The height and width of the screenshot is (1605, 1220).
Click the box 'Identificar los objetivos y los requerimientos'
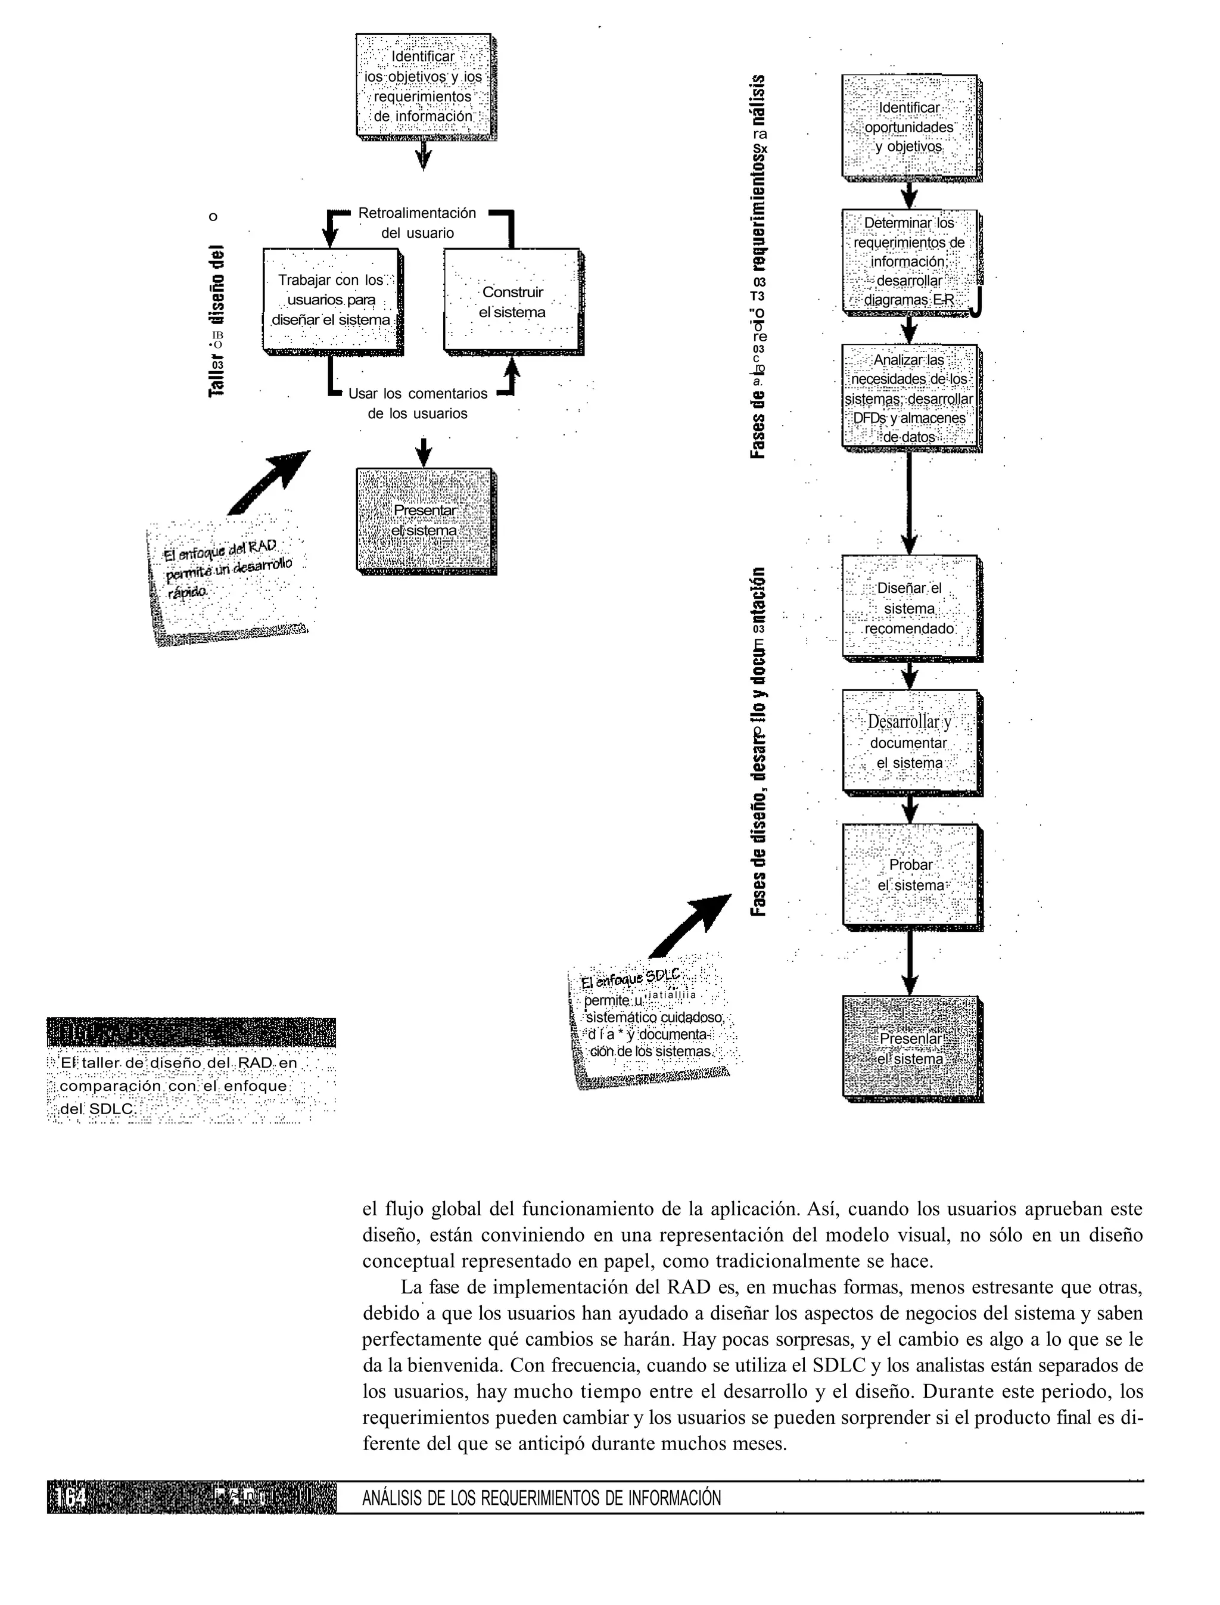coord(424,85)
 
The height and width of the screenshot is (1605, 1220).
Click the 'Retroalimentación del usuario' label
coord(418,223)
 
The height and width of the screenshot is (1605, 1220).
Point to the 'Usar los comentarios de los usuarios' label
coord(418,404)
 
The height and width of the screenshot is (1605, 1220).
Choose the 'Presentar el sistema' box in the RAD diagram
coord(425,520)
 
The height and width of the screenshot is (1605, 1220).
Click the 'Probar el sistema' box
coord(911,875)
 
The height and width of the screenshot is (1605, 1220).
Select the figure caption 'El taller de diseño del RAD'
coord(178,1085)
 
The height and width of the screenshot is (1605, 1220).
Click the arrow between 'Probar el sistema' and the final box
coord(909,962)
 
